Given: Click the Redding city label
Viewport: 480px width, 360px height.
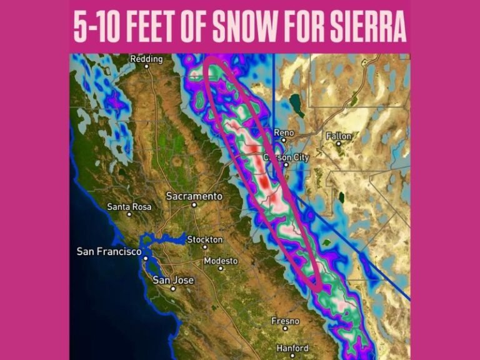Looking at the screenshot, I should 146,59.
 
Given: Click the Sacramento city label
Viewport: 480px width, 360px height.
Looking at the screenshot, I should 194,196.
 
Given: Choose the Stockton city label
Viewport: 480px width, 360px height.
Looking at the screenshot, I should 205,239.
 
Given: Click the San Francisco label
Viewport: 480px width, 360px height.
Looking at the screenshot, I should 108,251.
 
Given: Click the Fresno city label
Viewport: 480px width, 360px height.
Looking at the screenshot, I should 285,321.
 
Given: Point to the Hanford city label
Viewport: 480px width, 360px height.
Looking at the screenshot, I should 291,348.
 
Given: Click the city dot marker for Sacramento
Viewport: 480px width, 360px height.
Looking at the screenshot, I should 194,204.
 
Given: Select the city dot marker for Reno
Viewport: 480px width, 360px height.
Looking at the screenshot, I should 283,140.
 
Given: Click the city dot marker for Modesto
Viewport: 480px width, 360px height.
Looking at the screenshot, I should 221,268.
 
